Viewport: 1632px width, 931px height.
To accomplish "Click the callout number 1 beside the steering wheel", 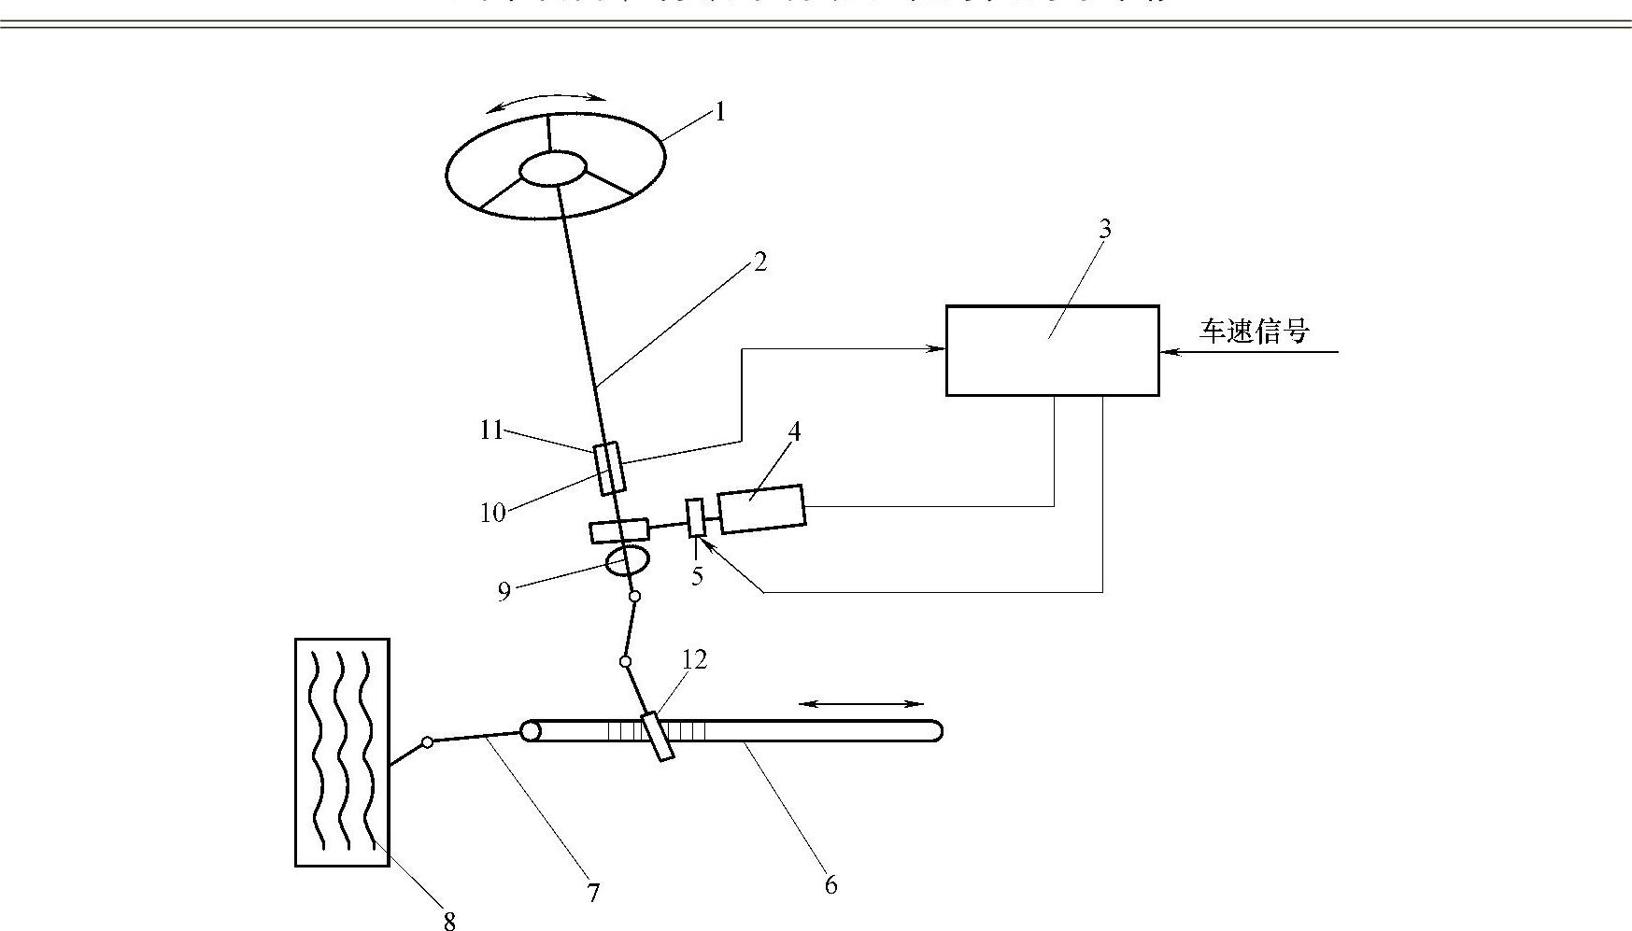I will click(719, 112).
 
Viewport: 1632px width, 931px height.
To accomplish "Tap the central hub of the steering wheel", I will click(552, 169).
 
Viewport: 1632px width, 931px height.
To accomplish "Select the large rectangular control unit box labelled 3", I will click(1052, 350).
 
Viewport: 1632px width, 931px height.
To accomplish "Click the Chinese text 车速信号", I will click(1254, 331).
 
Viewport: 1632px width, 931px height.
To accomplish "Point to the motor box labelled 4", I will click(761, 509).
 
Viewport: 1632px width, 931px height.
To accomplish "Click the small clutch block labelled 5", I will click(695, 518).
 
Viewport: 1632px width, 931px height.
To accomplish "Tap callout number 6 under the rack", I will click(830, 883).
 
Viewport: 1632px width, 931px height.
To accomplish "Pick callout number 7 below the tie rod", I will click(593, 893).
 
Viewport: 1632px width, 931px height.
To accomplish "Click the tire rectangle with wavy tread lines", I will click(342, 752).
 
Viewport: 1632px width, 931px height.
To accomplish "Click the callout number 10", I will click(492, 512).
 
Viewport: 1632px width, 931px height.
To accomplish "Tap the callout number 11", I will click(491, 430).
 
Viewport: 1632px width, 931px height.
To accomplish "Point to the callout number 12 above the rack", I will click(694, 659).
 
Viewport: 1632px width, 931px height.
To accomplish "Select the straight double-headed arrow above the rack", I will click(861, 704).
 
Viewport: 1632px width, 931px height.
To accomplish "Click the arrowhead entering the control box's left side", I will click(937, 349).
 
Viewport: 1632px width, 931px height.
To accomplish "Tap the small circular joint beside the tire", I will click(427, 742).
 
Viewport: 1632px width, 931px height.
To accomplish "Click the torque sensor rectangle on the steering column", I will click(609, 468).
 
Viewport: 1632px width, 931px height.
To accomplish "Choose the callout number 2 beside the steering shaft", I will click(759, 262).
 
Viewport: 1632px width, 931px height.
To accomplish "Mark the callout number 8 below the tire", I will click(449, 922).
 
